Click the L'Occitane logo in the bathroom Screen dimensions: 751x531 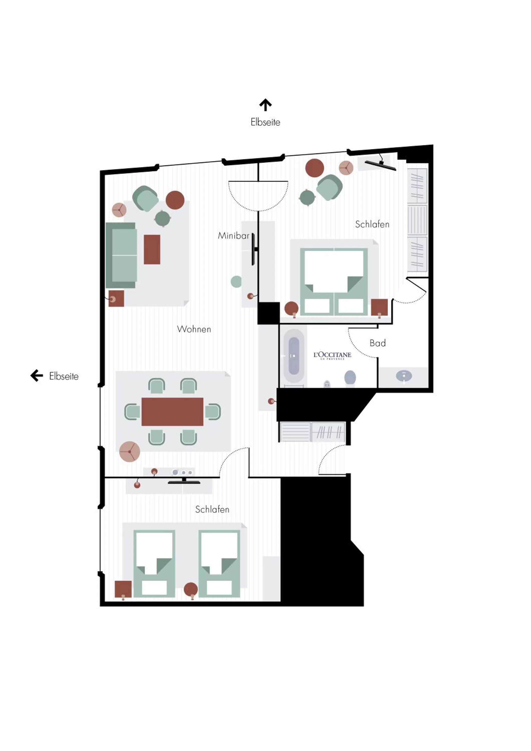332,355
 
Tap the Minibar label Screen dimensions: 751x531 234,236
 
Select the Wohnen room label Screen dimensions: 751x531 194,329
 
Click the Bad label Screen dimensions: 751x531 377,343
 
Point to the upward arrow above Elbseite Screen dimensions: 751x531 265,105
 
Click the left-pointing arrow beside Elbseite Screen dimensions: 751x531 37,375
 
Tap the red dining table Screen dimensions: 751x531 172,412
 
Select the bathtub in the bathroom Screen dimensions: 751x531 294,356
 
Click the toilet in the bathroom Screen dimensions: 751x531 350,377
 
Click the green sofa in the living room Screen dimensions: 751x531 121,255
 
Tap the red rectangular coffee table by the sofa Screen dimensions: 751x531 152,249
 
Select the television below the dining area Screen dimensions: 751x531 184,481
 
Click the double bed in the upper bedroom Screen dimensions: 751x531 334,281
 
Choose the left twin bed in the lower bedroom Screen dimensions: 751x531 154,564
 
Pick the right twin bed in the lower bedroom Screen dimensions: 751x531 219,564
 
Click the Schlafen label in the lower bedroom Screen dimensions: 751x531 212,509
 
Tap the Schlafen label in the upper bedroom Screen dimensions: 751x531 372,224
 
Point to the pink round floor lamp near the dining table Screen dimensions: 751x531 129,451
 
